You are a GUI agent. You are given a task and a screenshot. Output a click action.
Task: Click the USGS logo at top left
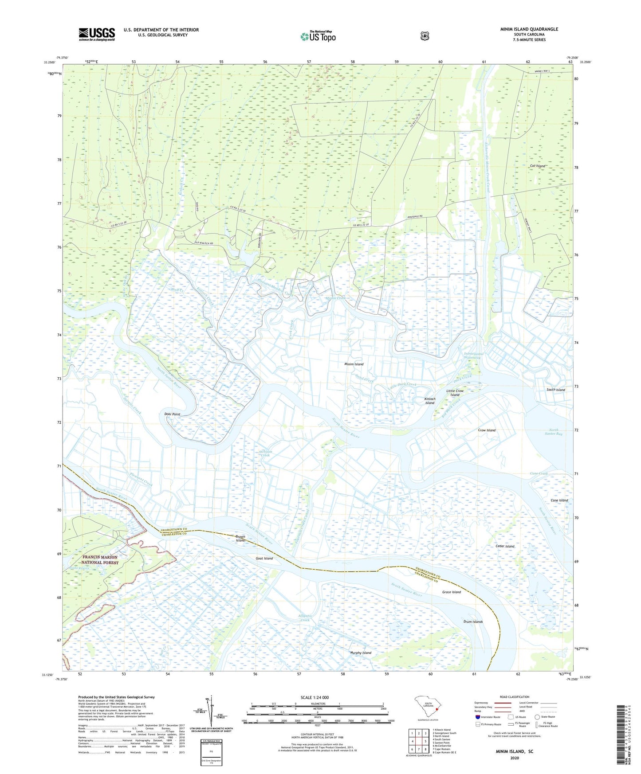(x=97, y=34)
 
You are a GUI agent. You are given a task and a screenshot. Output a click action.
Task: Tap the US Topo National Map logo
(x=318, y=36)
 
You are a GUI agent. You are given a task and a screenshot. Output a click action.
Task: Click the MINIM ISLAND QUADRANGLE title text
(x=529, y=29)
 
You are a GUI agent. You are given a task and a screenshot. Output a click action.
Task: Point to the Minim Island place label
(x=354, y=364)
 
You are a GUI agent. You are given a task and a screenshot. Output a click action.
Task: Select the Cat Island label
(x=538, y=166)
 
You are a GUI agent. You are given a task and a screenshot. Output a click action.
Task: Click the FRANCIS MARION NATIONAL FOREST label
(x=100, y=559)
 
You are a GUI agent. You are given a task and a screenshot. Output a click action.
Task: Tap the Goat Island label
(x=264, y=558)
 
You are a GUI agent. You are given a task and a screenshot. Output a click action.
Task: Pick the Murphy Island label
(x=360, y=653)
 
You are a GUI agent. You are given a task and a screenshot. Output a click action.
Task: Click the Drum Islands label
(x=473, y=622)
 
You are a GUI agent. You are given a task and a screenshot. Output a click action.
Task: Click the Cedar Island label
(x=505, y=546)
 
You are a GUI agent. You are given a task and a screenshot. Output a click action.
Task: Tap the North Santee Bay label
(x=555, y=432)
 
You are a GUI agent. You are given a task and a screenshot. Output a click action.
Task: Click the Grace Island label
(x=452, y=592)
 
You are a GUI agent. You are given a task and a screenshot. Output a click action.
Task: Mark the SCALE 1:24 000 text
(x=315, y=697)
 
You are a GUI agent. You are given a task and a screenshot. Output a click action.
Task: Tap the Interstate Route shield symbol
(x=477, y=717)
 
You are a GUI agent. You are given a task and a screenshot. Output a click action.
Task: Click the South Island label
(x=555, y=390)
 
